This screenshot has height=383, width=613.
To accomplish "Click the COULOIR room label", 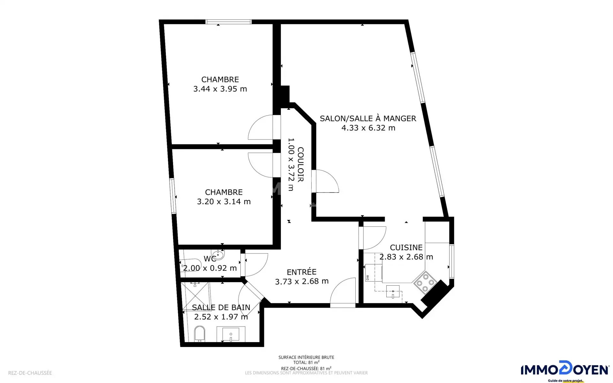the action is tap(300, 164).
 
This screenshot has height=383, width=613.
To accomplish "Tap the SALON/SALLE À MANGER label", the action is tap(368, 118).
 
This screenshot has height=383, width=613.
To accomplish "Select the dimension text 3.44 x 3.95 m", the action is tap(220, 89).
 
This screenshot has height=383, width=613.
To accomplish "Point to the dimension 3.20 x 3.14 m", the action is tap(224, 201).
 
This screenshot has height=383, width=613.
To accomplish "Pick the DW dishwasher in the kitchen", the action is tap(374, 273).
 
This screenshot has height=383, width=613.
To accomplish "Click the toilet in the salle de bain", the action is tap(200, 334).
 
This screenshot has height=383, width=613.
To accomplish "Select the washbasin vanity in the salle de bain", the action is tap(231, 334).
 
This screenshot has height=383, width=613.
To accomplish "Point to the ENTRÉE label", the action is tap(302, 272).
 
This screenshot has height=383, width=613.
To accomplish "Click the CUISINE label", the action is tap(406, 247).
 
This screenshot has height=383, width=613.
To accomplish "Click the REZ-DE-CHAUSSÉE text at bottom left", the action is tap(30, 373).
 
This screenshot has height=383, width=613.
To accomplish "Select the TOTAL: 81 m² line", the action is tap(306, 363).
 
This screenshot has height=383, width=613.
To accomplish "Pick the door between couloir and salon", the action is tap(325, 181).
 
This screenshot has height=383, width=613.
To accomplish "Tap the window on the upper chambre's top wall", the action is tap(229, 22).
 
